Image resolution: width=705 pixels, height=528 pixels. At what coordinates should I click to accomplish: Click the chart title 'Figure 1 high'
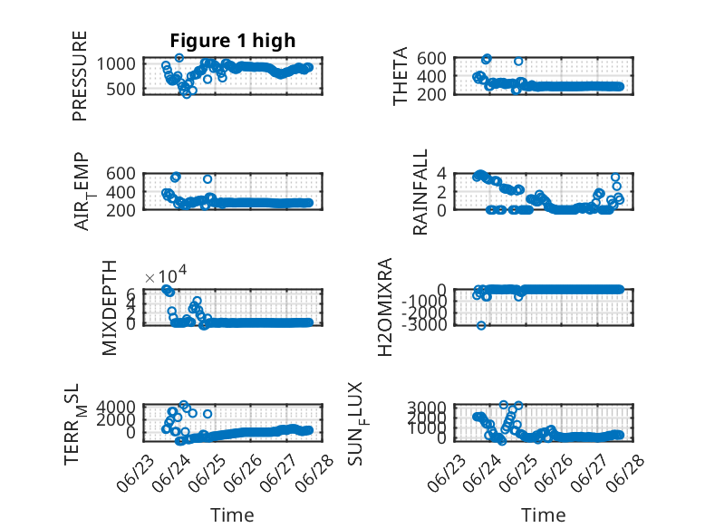click(233, 41)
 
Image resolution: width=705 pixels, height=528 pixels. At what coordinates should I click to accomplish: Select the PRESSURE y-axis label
click(79, 76)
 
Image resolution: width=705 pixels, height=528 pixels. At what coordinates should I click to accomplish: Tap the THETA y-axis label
click(400, 76)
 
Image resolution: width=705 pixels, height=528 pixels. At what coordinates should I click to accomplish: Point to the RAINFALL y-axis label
click(420, 192)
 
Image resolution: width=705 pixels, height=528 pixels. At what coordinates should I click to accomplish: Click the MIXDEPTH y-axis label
click(110, 308)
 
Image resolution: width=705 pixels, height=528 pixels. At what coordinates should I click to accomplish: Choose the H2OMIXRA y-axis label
click(385, 307)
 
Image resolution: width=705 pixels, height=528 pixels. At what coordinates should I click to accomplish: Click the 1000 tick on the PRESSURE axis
click(116, 63)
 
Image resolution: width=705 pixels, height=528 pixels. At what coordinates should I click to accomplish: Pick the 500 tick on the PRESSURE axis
click(121, 89)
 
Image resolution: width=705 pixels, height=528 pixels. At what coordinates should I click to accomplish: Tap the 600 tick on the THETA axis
click(431, 58)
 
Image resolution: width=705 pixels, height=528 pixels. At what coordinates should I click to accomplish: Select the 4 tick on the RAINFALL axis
click(441, 173)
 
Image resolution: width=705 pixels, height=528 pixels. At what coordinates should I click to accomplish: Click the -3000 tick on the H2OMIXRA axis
click(427, 324)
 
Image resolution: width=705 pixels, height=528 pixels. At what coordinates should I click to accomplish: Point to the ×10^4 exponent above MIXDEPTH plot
click(166, 274)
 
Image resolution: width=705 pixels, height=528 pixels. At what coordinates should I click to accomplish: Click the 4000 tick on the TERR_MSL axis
click(116, 407)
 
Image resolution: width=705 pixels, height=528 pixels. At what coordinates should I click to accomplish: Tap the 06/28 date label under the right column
click(625, 474)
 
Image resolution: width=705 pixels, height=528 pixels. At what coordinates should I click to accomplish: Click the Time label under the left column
click(232, 515)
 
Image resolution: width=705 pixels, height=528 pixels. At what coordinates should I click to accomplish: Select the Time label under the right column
click(543, 515)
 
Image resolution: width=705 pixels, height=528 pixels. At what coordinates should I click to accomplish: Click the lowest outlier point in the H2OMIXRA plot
click(481, 325)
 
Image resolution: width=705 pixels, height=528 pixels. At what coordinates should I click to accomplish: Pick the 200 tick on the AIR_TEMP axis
click(121, 210)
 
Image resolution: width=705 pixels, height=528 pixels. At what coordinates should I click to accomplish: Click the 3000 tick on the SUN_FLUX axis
click(427, 408)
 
